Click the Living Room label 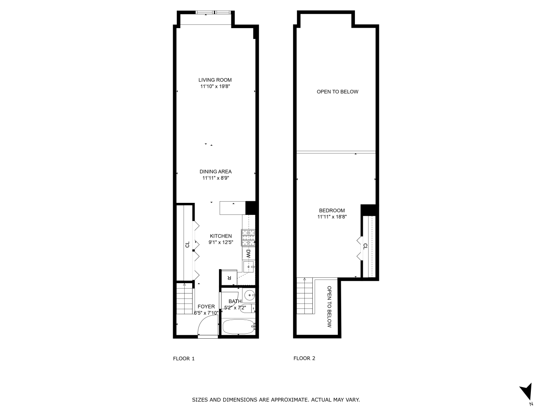[x=215, y=80]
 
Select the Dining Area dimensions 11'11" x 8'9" [x=215, y=178]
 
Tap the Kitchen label [x=221, y=236]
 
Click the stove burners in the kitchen [x=248, y=238]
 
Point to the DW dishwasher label [x=248, y=254]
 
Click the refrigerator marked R [x=229, y=278]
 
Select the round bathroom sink [x=249, y=296]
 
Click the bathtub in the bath [x=239, y=327]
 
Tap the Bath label [x=235, y=301]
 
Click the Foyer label [x=206, y=307]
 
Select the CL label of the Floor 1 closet [x=187, y=245]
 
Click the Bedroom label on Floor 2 [x=332, y=210]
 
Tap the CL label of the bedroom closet [x=365, y=246]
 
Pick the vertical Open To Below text [x=330, y=307]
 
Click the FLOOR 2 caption [x=304, y=359]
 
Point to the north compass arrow [x=526, y=392]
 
